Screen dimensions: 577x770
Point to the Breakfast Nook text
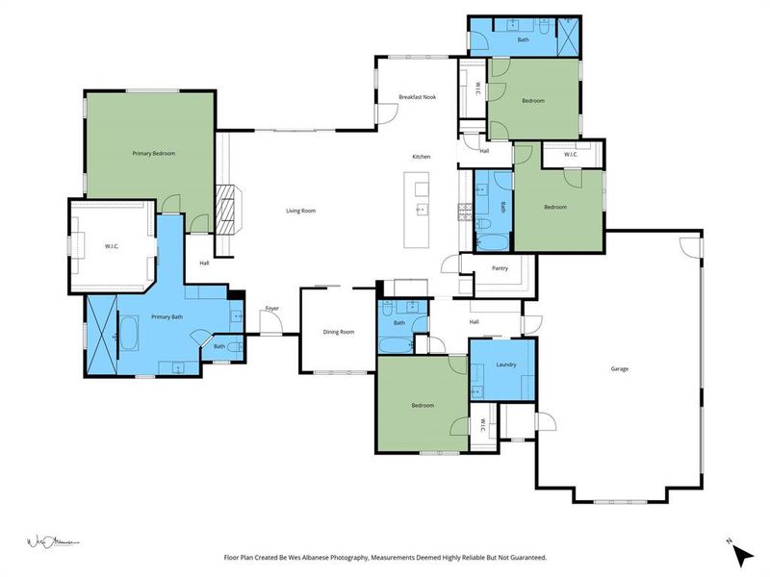point(418,97)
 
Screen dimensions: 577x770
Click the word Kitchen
point(422,157)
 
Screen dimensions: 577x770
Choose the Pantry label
point(499,268)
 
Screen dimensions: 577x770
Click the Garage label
point(620,368)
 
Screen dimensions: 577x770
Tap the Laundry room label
point(507,364)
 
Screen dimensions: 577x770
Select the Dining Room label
point(338,332)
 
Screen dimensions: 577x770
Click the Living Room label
point(300,211)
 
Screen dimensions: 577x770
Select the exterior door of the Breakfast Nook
point(383,112)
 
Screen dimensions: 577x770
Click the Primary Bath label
point(167,316)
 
